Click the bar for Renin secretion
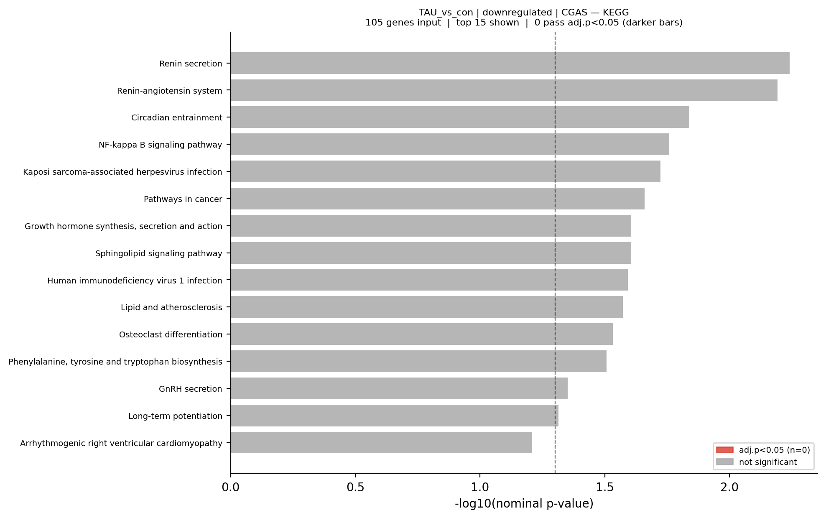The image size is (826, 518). (510, 63)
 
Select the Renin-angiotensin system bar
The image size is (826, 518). (504, 90)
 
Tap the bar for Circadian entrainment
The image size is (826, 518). (460, 117)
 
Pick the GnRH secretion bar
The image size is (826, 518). (399, 388)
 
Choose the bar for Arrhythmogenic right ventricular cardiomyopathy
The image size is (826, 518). (381, 443)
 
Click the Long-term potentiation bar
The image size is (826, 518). (394, 416)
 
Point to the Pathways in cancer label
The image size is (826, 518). (183, 199)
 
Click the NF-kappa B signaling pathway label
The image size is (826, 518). (160, 145)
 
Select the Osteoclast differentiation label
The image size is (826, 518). (171, 334)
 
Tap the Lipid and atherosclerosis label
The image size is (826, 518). (171, 307)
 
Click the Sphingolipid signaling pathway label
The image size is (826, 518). (158, 253)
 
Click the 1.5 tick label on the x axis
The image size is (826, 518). (604, 487)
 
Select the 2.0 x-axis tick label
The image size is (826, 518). (729, 487)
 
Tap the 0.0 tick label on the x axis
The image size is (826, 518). (231, 487)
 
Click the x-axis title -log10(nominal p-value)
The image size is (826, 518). (524, 504)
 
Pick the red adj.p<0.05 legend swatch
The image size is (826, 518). (724, 450)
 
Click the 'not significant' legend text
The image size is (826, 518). (767, 462)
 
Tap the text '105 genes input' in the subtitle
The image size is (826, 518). (403, 23)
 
